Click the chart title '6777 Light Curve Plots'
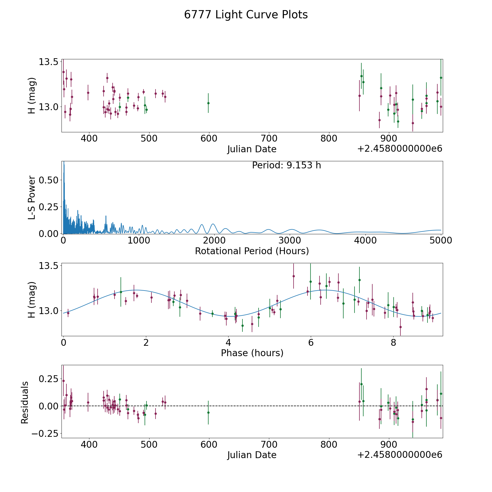click(x=246, y=15)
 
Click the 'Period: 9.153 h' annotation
click(x=286, y=165)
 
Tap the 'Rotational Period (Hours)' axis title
click(x=252, y=251)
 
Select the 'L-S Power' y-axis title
click(x=32, y=197)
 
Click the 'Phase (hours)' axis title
click(x=252, y=353)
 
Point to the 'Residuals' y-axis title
click(x=25, y=402)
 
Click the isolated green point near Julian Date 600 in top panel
click(x=208, y=103)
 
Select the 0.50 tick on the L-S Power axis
click(x=48, y=180)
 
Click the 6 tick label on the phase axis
click(x=311, y=342)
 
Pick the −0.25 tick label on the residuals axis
click(x=45, y=434)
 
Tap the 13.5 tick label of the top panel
click(x=48, y=62)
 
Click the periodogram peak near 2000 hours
click(x=213, y=224)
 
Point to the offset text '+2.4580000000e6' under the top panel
click(x=400, y=149)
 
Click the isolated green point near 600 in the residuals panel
click(x=208, y=412)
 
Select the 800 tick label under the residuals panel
click(x=329, y=444)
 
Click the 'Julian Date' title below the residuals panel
click(x=252, y=455)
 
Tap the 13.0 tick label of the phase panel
click(x=48, y=311)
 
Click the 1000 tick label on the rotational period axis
click(x=139, y=241)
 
